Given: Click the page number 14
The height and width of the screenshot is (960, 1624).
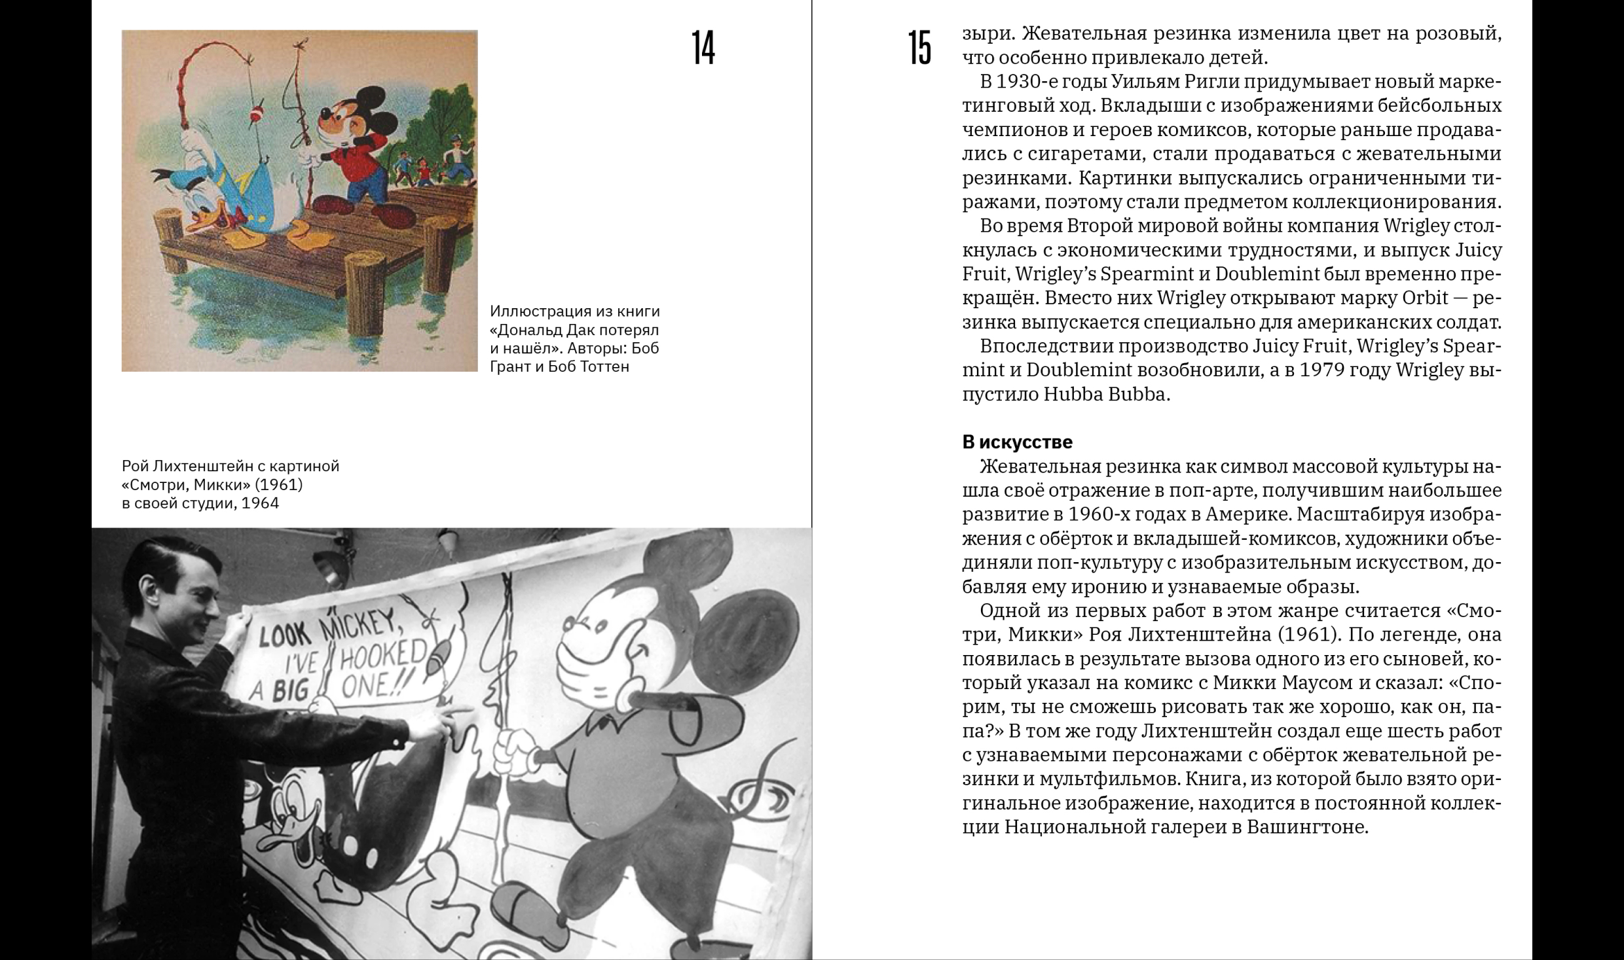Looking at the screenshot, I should (703, 48).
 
